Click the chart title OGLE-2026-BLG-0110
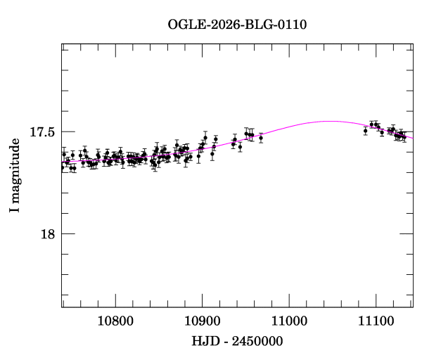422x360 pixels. pyautogui.click(x=237, y=25)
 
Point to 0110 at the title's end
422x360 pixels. pyautogui.click(x=291, y=25)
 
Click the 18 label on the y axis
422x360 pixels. pyautogui.click(x=49, y=234)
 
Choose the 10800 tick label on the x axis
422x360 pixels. pyautogui.click(x=115, y=322)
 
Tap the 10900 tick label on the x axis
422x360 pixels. pyautogui.click(x=202, y=322)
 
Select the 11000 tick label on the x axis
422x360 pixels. pyautogui.click(x=289, y=322)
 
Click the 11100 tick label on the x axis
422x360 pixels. pyautogui.click(x=376, y=322)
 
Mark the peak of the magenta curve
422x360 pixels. pyautogui.click(x=328, y=121)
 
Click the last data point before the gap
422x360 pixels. pyautogui.click(x=261, y=138)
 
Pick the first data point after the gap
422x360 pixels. pyautogui.click(x=365, y=130)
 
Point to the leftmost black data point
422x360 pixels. pyautogui.click(x=63, y=167)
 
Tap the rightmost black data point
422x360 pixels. pyautogui.click(x=404, y=136)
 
